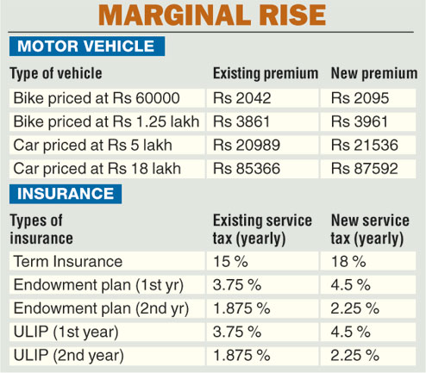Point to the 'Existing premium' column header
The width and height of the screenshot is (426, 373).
[265, 74]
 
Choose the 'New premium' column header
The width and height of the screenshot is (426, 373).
[373, 74]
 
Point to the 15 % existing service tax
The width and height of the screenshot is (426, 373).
[228, 261]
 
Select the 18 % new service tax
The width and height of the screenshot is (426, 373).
[346, 261]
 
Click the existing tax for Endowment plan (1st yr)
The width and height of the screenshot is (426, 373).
[235, 284]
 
